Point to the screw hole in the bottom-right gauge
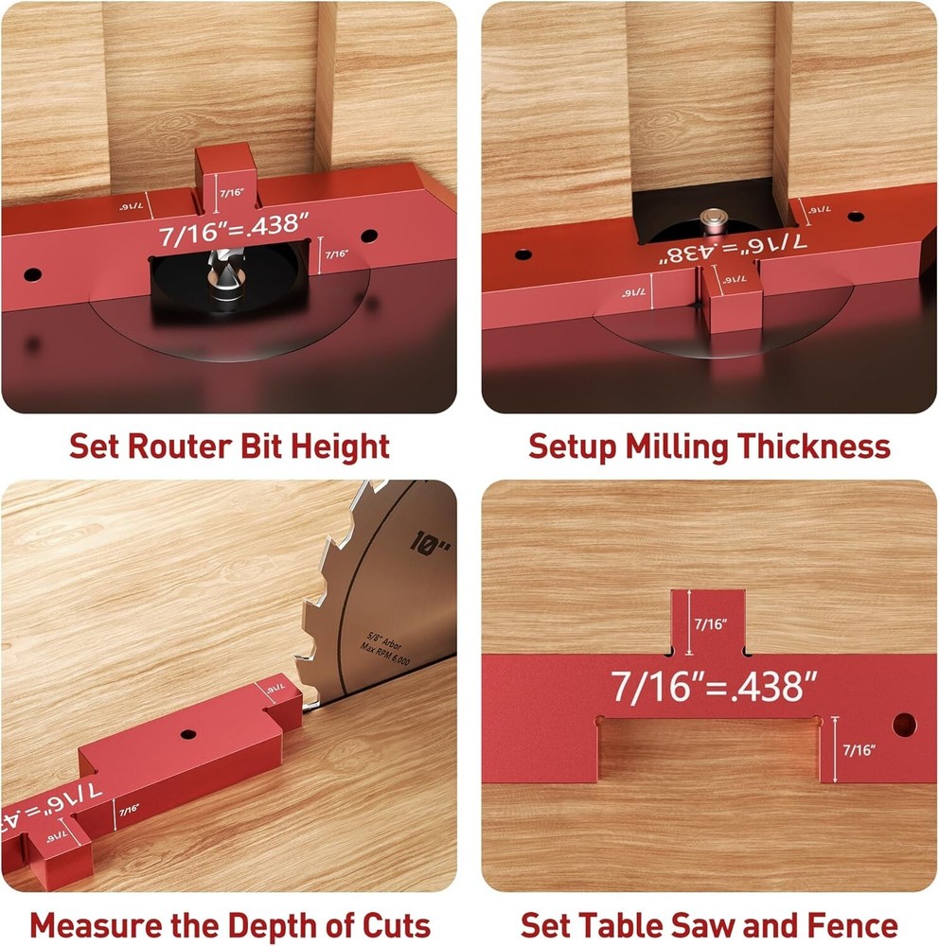[904, 725]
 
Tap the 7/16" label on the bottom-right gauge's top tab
[709, 624]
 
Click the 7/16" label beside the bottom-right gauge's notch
[858, 749]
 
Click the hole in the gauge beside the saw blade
[186, 734]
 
